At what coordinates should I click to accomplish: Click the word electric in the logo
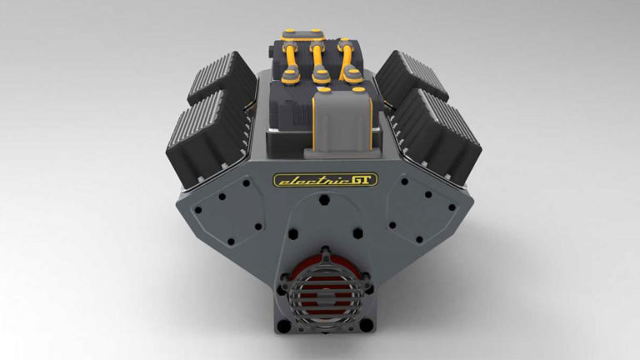302,179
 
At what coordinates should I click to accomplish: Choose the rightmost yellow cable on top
344,62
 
